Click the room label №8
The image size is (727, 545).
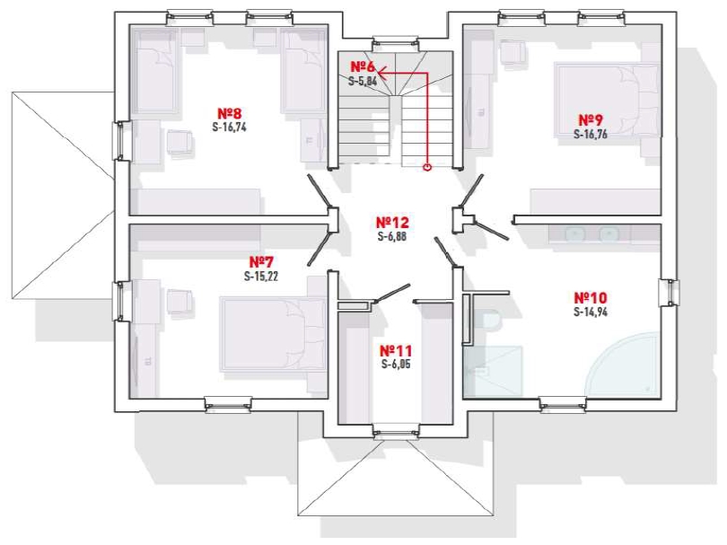pyautogui.click(x=230, y=113)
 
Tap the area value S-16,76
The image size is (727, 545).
pyautogui.click(x=591, y=135)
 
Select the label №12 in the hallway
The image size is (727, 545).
pyautogui.click(x=392, y=222)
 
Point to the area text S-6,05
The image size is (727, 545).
pyautogui.click(x=396, y=365)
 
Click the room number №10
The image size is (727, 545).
pyautogui.click(x=591, y=297)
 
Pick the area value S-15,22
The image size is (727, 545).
pyautogui.click(x=261, y=277)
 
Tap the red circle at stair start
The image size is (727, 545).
pyautogui.click(x=427, y=166)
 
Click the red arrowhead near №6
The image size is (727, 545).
pyautogui.click(x=382, y=73)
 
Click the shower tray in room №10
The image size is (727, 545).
pyautogui.click(x=493, y=371)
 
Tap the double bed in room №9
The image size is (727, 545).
pyautogui.click(x=607, y=100)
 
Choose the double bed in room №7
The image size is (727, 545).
pyautogui.click(x=274, y=333)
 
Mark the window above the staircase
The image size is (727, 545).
pyautogui.click(x=396, y=44)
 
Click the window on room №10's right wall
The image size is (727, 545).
pyautogui.click(x=669, y=292)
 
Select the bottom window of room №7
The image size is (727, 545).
pyautogui.click(x=229, y=404)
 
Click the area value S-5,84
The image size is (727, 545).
pyautogui.click(x=363, y=81)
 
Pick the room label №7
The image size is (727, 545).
pyautogui.click(x=261, y=262)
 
